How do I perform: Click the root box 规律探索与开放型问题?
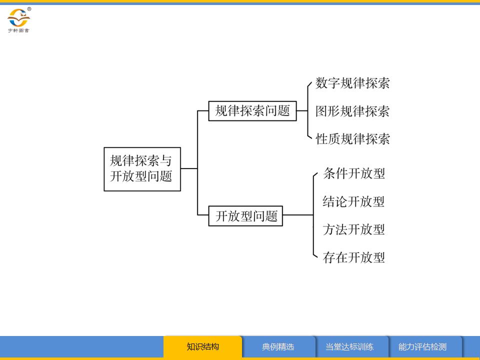click(142, 169)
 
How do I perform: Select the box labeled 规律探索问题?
click(252, 111)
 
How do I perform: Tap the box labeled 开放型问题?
click(245, 216)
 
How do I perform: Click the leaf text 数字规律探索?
click(352, 83)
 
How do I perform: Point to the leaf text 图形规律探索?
click(352, 111)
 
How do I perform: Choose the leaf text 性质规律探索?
click(352, 139)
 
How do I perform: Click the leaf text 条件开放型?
click(354, 174)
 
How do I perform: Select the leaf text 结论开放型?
click(354, 202)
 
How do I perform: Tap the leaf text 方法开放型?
click(354, 230)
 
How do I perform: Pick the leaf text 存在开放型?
click(354, 258)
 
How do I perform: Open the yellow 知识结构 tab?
click(203, 346)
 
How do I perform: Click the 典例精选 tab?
click(278, 346)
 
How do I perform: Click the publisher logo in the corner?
click(18, 18)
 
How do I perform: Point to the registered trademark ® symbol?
click(29, 9)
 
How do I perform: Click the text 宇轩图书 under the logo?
click(18, 30)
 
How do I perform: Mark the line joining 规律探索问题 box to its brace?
click(301, 111)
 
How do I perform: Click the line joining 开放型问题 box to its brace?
click(298, 215)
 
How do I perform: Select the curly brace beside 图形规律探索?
click(308, 111)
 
